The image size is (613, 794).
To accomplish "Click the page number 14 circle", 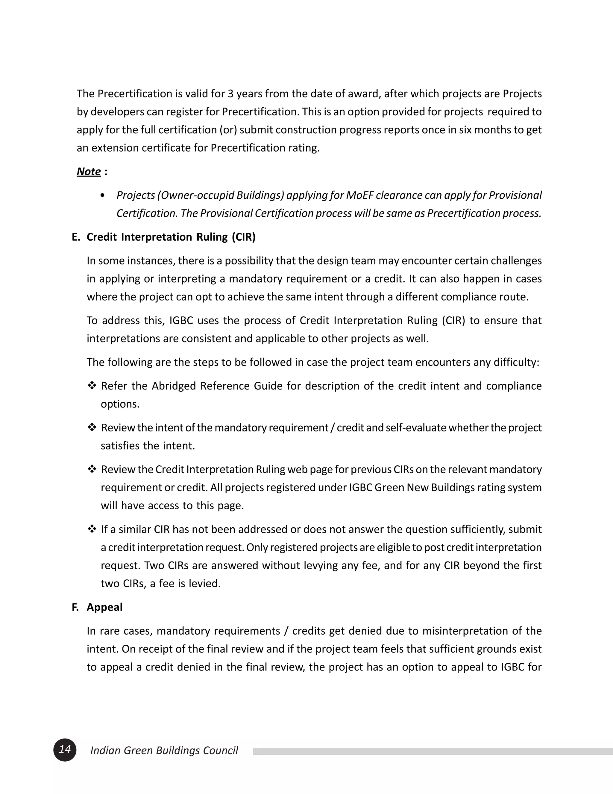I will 65,750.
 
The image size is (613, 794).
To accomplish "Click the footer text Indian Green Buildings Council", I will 164,750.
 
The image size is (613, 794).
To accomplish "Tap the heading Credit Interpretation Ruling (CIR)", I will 171,237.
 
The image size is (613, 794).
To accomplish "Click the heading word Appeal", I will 104,607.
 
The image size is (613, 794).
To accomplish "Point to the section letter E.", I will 75,237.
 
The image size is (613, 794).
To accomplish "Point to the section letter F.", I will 75,607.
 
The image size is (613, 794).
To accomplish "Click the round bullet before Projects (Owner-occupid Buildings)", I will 102,196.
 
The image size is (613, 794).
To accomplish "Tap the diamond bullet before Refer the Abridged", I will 92,385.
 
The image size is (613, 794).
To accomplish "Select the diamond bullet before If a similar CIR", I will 92,529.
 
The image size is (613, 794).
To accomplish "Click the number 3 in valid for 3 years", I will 230,94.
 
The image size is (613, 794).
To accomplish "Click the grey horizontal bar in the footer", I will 432,751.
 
